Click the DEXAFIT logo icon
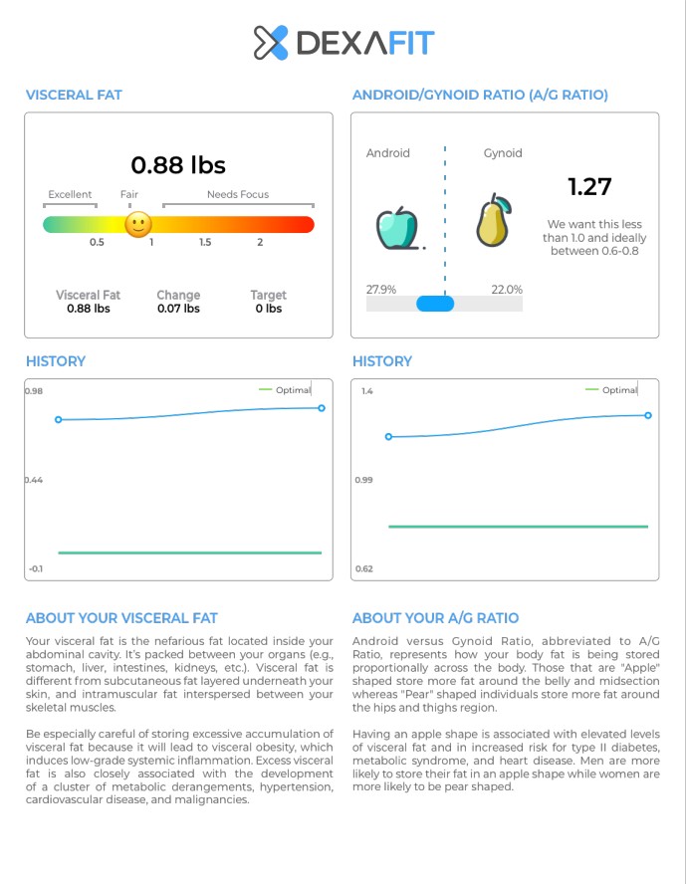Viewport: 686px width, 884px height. tap(271, 43)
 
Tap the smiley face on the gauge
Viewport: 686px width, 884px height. tap(138, 224)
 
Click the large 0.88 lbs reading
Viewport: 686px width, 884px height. tap(178, 164)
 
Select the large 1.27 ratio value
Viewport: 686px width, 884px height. tap(589, 186)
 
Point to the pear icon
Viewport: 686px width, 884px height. tap(493, 221)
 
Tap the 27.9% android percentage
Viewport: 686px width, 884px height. tap(381, 290)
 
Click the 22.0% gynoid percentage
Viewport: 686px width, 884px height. tap(506, 290)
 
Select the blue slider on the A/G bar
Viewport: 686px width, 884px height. tap(435, 304)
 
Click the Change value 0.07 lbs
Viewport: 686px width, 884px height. tap(178, 309)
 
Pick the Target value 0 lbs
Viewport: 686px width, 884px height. tap(268, 309)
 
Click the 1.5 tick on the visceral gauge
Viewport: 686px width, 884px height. tap(205, 242)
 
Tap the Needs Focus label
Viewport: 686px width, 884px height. tap(237, 195)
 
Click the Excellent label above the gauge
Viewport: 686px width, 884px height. tap(70, 195)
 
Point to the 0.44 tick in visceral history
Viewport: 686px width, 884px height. tap(34, 480)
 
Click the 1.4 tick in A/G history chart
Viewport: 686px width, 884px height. tap(366, 391)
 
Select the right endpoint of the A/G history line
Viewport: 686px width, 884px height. tap(648, 415)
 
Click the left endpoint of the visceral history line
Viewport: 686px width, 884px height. tap(59, 420)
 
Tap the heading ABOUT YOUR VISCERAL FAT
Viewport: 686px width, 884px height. tap(121, 618)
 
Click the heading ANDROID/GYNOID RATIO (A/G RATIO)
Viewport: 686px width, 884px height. tap(480, 96)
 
